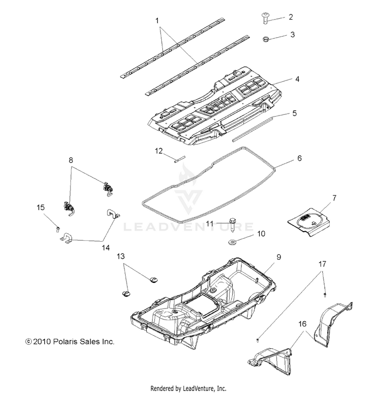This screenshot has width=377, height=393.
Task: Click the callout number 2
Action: [x=290, y=17]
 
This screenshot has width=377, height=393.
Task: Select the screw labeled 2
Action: [x=265, y=18]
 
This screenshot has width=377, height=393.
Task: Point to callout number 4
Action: [x=297, y=79]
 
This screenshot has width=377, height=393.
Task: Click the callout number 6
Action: [x=300, y=158]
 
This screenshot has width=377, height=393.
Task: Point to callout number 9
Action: [x=278, y=257]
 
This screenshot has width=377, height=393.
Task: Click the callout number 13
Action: [x=120, y=256]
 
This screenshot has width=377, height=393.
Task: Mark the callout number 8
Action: [x=71, y=160]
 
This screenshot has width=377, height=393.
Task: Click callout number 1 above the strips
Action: [x=157, y=21]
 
